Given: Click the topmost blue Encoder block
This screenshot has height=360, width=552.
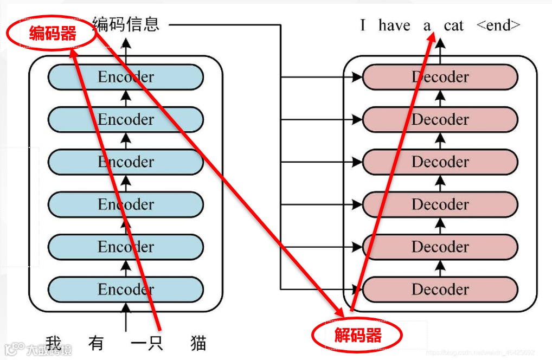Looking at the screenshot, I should pos(126,77).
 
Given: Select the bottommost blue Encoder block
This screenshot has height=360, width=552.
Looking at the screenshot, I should pos(126,290).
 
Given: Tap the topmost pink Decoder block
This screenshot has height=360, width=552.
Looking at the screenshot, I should pos(440,77).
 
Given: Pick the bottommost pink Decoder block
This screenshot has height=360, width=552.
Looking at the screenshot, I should pos(440,290).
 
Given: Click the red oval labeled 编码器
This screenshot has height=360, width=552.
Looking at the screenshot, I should pos(52,34).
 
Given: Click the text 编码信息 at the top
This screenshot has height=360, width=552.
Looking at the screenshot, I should pos(126,24).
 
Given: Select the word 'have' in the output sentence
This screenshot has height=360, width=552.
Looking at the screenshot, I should pos(394,25).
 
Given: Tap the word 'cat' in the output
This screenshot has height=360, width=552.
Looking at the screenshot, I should pos(453,25).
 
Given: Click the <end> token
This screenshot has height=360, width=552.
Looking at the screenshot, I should pos(498,25).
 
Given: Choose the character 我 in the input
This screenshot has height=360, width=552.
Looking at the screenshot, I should pos(54,343).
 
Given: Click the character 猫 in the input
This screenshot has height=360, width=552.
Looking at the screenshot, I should pos(198,343).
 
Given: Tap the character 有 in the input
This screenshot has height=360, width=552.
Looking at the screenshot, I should pos(95,343).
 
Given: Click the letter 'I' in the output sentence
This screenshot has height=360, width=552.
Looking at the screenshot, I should pos(363,25).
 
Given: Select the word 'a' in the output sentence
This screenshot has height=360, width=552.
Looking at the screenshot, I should pos(427,25).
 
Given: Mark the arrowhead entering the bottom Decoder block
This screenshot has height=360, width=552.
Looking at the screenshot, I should pos(357,290).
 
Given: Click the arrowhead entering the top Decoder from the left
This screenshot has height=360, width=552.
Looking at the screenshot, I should pos(357,78).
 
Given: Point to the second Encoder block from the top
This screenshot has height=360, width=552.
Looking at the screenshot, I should pos(126,119).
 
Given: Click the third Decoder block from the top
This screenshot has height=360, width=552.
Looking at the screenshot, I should pos(440,162).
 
